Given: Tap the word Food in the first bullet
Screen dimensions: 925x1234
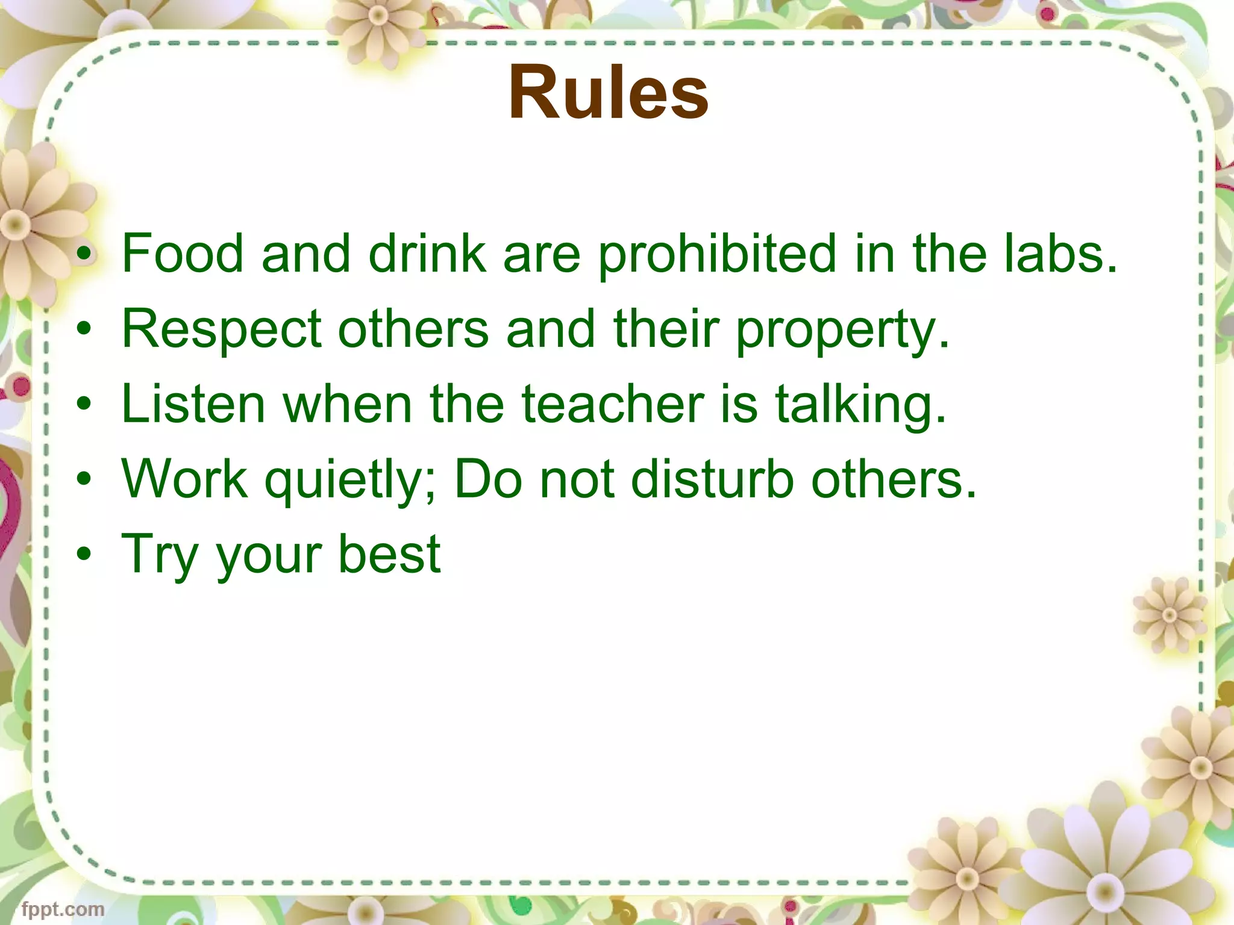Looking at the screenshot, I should pyautogui.click(x=183, y=254).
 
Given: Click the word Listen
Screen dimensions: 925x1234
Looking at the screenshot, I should pyautogui.click(x=193, y=404).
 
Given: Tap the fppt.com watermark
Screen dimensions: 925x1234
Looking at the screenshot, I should pyautogui.click(x=63, y=909).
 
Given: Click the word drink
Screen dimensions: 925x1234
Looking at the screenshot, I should pyautogui.click(x=427, y=254).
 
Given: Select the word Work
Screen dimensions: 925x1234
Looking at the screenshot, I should pyautogui.click(x=184, y=479).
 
